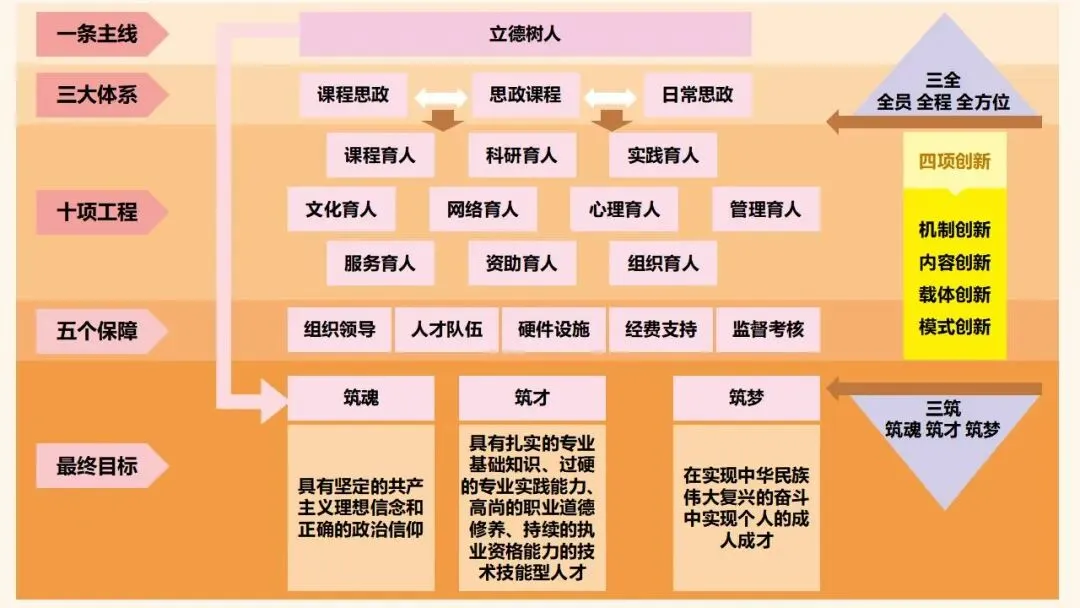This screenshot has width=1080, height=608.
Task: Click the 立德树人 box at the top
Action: pyautogui.click(x=525, y=34)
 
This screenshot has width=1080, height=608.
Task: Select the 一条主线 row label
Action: pyautogui.click(x=97, y=35)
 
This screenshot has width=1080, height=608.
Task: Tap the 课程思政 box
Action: pyautogui.click(x=353, y=96)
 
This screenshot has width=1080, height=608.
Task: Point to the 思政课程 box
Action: pyautogui.click(x=525, y=96)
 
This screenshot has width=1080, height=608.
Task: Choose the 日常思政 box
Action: pyautogui.click(x=697, y=96)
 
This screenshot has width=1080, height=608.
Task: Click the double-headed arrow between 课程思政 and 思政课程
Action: pyautogui.click(x=440, y=98)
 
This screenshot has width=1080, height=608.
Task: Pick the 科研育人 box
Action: pyautogui.click(x=522, y=155)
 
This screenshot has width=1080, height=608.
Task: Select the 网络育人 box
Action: pyautogui.click(x=482, y=210)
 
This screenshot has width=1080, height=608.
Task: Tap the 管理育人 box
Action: pyautogui.click(x=766, y=210)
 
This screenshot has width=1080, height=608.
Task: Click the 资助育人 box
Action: pyautogui.click(x=522, y=264)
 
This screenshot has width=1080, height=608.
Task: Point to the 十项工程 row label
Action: pyautogui.click(x=97, y=212)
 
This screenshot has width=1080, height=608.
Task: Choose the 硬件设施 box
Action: pyautogui.click(x=554, y=329)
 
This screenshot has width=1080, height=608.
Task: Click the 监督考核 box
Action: pyautogui.click(x=768, y=329)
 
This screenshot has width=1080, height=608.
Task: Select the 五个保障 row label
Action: pyautogui.click(x=97, y=330)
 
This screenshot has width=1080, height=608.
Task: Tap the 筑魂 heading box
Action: pyautogui.click(x=361, y=398)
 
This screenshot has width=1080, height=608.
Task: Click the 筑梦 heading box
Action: pyautogui.click(x=746, y=398)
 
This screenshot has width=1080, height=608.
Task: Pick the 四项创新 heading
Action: pyautogui.click(x=955, y=162)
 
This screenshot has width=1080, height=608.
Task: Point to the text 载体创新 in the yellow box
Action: pyautogui.click(x=955, y=295)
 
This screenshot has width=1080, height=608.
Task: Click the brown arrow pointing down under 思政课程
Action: pyautogui.click(x=608, y=121)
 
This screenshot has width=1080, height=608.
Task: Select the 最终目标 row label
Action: pyautogui.click(x=97, y=466)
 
